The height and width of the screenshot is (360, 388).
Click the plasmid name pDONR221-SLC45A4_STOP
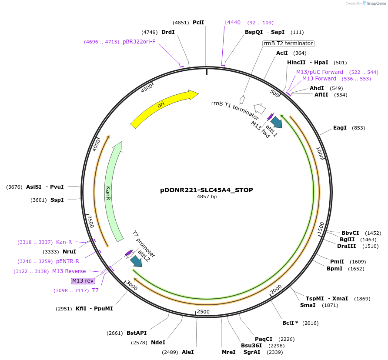pyautogui.click(x=206, y=190)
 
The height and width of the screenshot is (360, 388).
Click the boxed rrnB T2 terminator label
pyautogui.click(x=288, y=43)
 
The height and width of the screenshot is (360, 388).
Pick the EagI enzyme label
pyautogui.click(x=340, y=128)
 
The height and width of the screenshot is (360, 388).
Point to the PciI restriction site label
pyautogui.click(x=198, y=22)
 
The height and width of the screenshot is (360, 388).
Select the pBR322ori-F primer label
pyautogui.click(x=139, y=42)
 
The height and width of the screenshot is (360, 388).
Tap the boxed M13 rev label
pyautogui.click(x=83, y=280)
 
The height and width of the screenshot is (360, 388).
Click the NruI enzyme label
pyautogui.click(x=69, y=251)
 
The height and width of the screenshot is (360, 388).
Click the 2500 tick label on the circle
pyautogui.click(x=203, y=312)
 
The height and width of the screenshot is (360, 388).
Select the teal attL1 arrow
pyautogui.click(x=276, y=122)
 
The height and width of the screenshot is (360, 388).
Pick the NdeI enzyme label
pyautogui.click(x=158, y=342)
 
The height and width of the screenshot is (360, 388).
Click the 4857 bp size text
pyautogui.click(x=207, y=197)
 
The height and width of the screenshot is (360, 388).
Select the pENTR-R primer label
pyautogui.click(x=67, y=261)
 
